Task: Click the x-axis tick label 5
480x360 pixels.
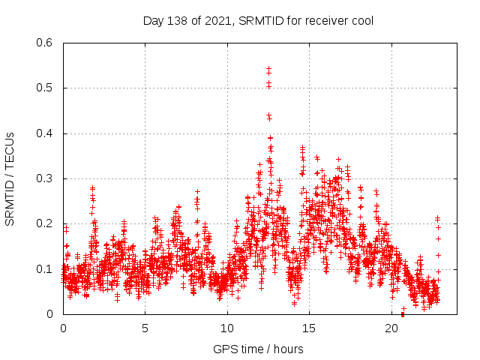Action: click(145, 328)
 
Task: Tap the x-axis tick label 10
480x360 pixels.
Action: click(227, 328)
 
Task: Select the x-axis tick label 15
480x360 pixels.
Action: click(310, 328)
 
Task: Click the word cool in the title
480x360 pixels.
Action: click(361, 20)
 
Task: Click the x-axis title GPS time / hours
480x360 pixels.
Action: click(258, 349)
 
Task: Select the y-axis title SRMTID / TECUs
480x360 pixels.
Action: click(10, 178)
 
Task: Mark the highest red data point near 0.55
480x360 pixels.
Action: click(268, 68)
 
